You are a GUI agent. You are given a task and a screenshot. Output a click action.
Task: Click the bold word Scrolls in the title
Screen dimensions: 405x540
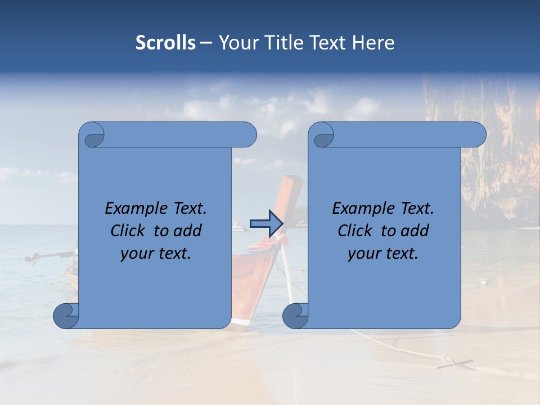coord(165,43)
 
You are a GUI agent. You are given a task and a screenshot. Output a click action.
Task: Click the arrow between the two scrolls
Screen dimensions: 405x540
coord(265,224)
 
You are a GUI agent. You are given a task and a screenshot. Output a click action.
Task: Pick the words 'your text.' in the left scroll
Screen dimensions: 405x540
coord(156,253)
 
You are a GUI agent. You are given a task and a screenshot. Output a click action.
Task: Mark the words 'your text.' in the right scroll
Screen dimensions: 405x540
coord(383,253)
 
